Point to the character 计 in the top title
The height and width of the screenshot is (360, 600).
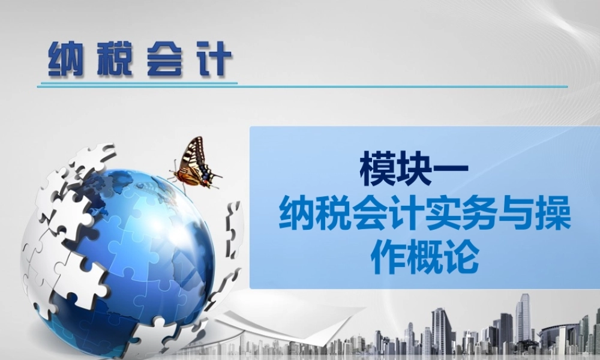(x=214, y=58)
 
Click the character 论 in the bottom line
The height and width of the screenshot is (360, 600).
(x=460, y=258)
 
